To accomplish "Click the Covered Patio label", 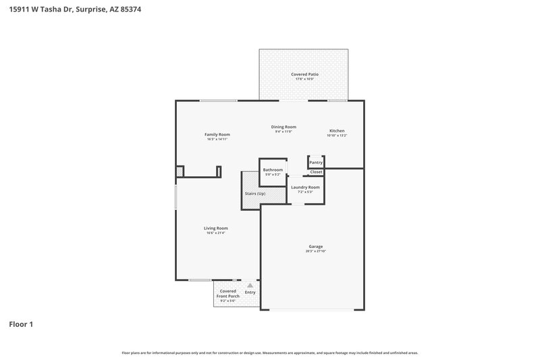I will pyautogui.click(x=304, y=74).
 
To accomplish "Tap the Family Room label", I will pyautogui.click(x=217, y=134).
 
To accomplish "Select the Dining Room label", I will pyautogui.click(x=283, y=127).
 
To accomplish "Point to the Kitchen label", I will pyautogui.click(x=337, y=130).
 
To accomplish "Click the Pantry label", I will pyautogui.click(x=316, y=163).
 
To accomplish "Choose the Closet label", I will pyautogui.click(x=316, y=172).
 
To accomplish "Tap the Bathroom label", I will pyautogui.click(x=273, y=170).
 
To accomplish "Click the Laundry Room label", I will pyautogui.click(x=305, y=186).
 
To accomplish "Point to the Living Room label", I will pyautogui.click(x=215, y=228).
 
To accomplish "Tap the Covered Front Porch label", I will pyautogui.click(x=227, y=294).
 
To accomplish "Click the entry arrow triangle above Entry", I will pyautogui.click(x=250, y=286).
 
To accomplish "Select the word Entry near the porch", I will pyautogui.click(x=250, y=292).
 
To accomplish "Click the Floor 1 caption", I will pyautogui.click(x=21, y=324).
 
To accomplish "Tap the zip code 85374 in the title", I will pyautogui.click(x=132, y=10).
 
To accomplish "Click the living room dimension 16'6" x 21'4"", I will pyautogui.click(x=215, y=233).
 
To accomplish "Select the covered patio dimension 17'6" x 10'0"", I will pyautogui.click(x=304, y=79).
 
